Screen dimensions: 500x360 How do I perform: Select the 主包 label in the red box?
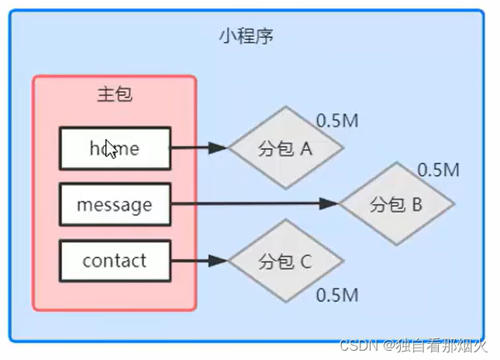115,95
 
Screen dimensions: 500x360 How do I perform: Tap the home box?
115,147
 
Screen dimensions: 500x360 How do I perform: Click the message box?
115,205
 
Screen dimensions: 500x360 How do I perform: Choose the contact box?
115,261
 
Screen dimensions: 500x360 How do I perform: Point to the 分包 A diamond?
285,147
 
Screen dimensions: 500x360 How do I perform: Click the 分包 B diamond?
396,204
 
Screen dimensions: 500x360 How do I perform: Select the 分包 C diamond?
285,261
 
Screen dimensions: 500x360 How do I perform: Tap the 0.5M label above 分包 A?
337,122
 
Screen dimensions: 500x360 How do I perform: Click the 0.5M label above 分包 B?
439,169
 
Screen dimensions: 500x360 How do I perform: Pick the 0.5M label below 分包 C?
337,295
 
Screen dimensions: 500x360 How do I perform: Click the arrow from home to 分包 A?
198,147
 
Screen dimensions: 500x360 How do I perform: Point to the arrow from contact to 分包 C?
198,261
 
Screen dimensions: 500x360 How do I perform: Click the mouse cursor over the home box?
111,149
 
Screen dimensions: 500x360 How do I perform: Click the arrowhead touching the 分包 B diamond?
329,204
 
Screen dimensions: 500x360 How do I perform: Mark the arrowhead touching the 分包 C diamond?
219,261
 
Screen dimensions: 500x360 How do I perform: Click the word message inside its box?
115,206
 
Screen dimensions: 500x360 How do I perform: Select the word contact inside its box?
115,261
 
